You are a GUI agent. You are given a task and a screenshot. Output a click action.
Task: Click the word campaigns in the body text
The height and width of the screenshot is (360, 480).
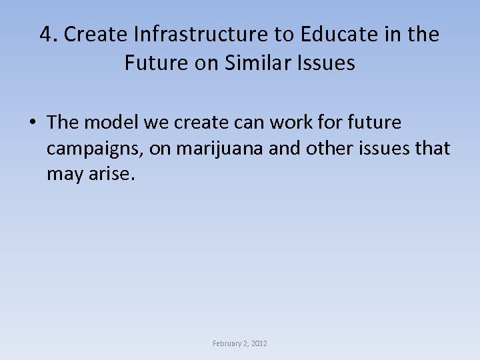[x=94, y=149]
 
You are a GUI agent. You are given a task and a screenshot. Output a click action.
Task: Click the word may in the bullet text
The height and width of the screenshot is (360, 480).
[x=64, y=176]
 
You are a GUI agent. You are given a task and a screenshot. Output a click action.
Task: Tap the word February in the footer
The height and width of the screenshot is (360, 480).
[x=227, y=343]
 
